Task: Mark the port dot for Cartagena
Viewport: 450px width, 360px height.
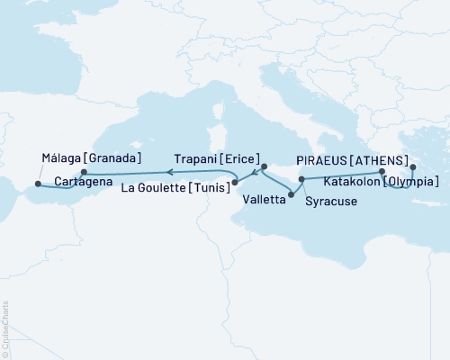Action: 83,172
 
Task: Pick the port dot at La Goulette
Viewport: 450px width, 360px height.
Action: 235,183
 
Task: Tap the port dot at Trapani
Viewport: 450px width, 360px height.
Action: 265,166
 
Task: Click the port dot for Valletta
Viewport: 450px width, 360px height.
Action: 291,193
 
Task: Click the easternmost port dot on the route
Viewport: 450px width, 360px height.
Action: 413,167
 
